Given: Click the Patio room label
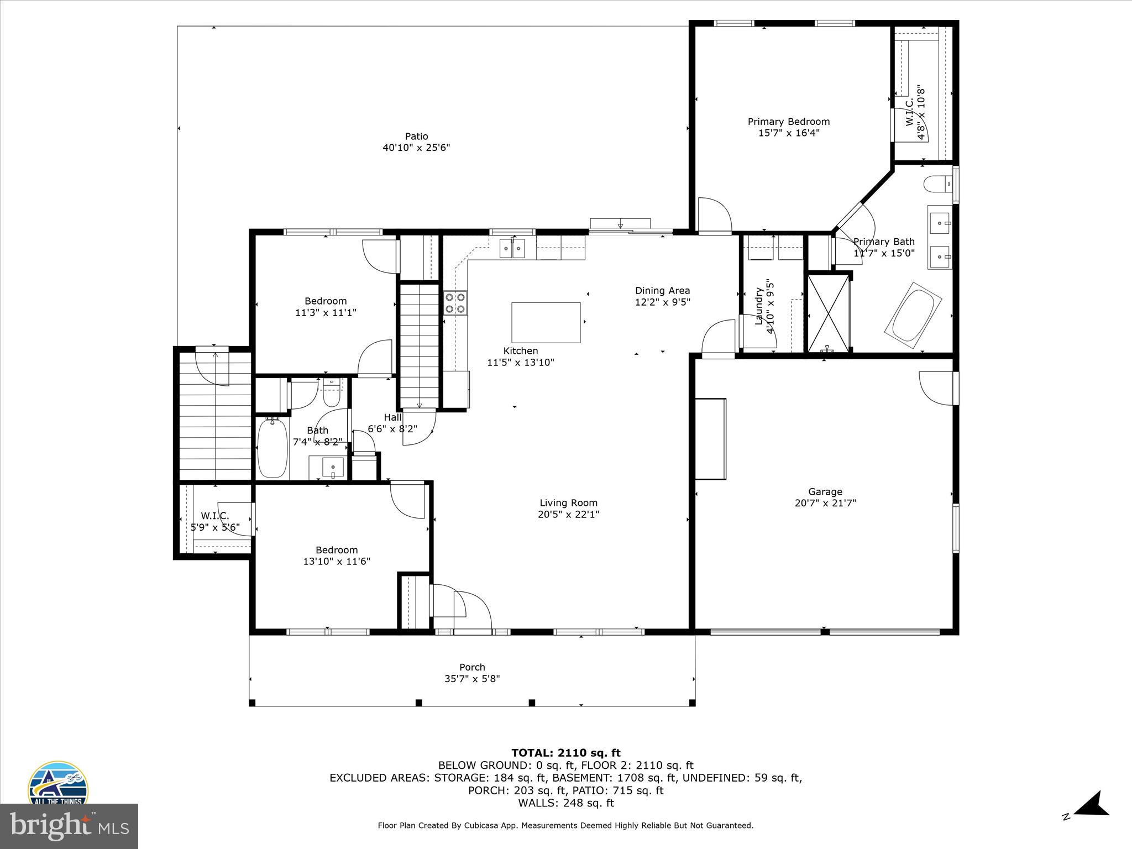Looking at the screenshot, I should (x=416, y=137).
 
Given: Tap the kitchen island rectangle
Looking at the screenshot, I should (x=546, y=322).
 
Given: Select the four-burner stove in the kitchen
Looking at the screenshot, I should (x=455, y=303).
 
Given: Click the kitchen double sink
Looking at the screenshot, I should (x=512, y=248).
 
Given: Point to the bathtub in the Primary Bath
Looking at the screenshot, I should (x=913, y=315).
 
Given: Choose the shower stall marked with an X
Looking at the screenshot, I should (x=828, y=313).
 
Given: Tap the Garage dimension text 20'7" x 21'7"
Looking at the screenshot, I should (x=825, y=503).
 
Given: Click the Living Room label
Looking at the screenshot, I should (x=568, y=502).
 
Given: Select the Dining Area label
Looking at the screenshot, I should (x=662, y=291).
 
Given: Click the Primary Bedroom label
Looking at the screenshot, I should (x=788, y=122).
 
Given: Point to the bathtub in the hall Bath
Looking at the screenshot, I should (x=272, y=448).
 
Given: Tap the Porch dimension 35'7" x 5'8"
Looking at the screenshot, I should (x=472, y=679).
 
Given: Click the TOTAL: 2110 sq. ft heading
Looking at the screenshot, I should (x=565, y=752).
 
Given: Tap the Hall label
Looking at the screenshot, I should (x=392, y=417).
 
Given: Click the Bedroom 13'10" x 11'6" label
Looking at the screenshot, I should (x=336, y=555).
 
